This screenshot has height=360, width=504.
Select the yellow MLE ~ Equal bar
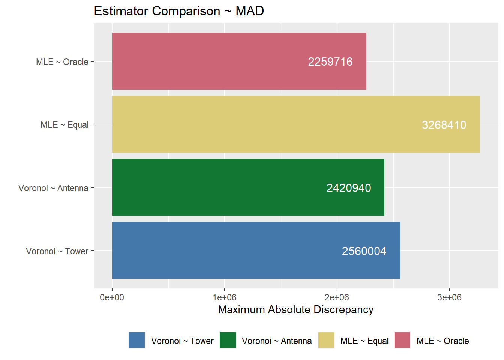(262, 124)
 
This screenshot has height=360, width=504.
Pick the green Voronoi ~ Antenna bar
(225, 187)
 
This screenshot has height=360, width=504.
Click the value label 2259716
(330, 61)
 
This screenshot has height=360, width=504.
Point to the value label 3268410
(444, 125)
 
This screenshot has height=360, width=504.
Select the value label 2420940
(349, 188)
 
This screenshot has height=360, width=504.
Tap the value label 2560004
(364, 251)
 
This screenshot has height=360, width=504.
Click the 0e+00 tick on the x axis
(112, 297)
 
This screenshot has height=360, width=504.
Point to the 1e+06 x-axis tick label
(224, 297)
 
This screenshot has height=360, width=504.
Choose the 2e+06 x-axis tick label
(337, 297)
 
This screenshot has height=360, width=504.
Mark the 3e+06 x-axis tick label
(449, 297)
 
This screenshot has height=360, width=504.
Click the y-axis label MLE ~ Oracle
(62, 62)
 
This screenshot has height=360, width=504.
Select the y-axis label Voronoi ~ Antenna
(53, 188)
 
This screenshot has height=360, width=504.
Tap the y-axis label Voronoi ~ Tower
(57, 251)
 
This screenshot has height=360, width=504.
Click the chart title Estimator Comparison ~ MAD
(179, 11)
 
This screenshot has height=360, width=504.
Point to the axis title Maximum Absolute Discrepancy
(295, 309)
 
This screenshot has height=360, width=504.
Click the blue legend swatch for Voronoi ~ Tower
(137, 340)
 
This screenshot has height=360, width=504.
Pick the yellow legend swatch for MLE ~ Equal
(326, 340)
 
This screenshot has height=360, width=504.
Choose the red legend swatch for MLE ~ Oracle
(402, 340)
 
